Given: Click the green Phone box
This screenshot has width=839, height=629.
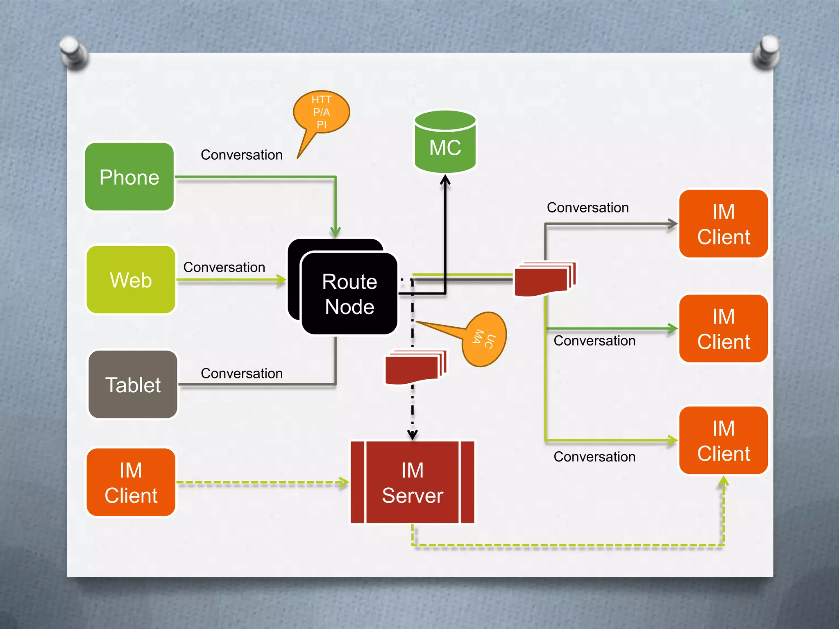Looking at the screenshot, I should click(129, 177).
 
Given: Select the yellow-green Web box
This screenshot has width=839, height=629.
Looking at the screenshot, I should click(131, 280).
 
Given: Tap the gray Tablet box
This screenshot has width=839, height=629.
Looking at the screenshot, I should click(133, 385).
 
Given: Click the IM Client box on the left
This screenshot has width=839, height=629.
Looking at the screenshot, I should click(131, 482).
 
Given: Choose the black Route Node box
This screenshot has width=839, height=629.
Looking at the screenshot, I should click(349, 294).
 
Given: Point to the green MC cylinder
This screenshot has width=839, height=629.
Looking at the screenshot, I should click(445, 143).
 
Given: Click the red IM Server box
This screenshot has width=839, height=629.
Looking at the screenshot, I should click(413, 482).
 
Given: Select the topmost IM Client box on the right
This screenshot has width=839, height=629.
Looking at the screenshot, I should click(723, 224).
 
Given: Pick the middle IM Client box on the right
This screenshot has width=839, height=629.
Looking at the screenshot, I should click(723, 328).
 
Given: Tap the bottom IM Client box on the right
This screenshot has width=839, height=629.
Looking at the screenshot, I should click(723, 441).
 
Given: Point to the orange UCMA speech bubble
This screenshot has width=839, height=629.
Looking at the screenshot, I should click(484, 339).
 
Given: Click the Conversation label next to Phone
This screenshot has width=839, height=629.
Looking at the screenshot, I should click(241, 155).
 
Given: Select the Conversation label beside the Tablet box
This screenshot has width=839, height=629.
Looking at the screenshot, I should click(241, 373).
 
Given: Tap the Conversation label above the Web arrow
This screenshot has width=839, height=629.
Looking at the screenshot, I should click(224, 267).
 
